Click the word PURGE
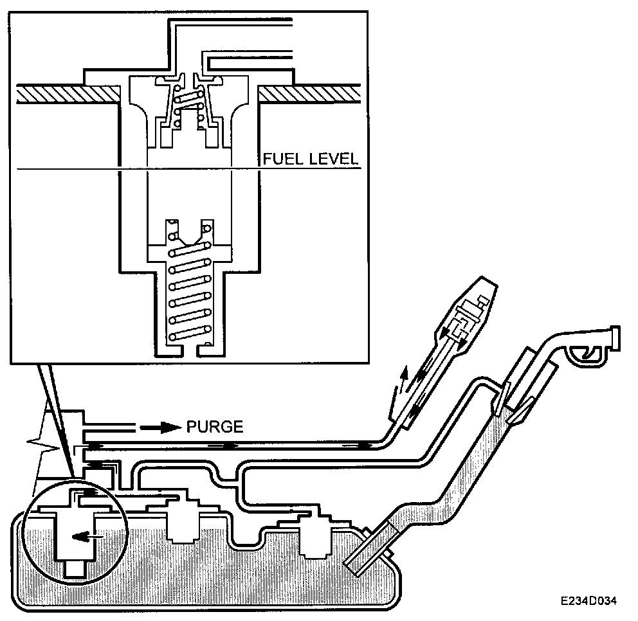point(214,426)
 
